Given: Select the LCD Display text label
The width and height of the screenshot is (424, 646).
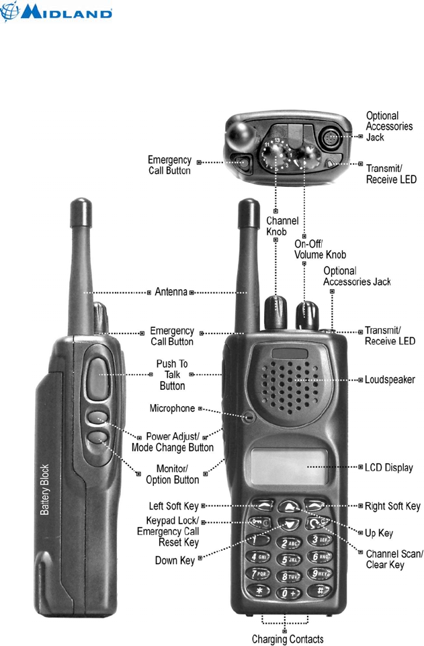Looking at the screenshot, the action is click(x=388, y=467).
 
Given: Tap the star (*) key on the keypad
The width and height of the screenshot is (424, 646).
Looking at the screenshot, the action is click(x=259, y=592).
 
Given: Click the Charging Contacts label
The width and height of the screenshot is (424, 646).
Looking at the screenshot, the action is click(x=287, y=639).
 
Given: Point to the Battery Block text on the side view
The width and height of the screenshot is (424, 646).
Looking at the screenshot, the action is click(x=45, y=489).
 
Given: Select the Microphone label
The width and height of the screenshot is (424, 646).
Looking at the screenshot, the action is click(x=172, y=408).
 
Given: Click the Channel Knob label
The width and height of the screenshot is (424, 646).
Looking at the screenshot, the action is click(x=282, y=226).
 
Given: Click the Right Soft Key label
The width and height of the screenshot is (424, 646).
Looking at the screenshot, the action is click(x=392, y=506).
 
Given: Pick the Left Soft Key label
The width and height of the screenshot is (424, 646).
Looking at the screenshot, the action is click(x=173, y=506).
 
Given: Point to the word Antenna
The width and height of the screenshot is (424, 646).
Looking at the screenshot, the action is click(x=171, y=292).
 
